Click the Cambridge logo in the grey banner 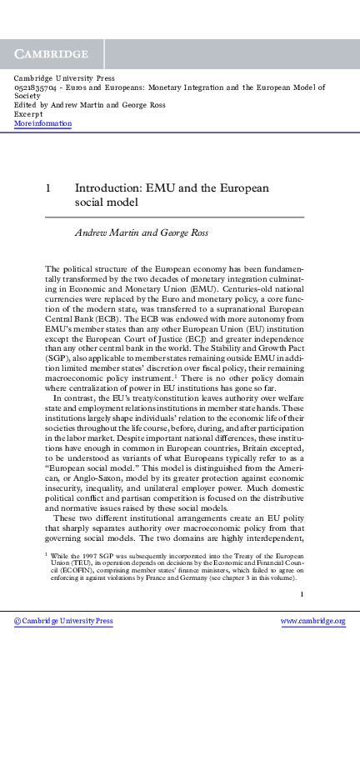(51, 53)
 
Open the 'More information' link (42, 123)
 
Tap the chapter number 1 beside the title (48, 188)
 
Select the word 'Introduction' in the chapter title (105, 188)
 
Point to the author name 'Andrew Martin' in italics (102, 231)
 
